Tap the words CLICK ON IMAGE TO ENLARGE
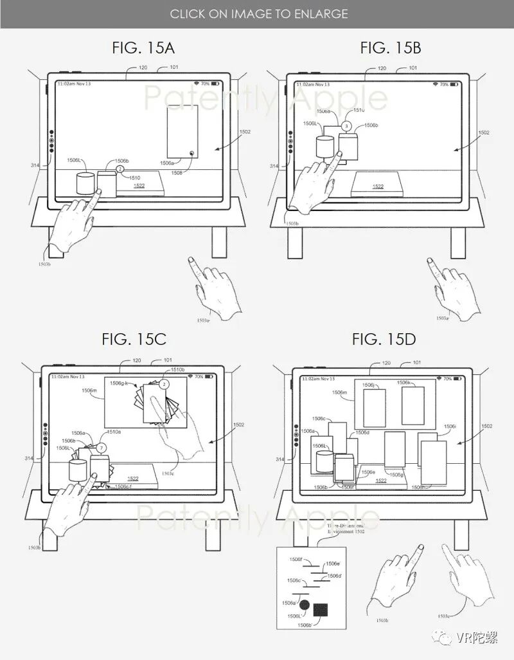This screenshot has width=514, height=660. (258, 14)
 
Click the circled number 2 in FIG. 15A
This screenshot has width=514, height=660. (120, 169)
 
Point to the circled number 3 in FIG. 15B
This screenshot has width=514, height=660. (346, 126)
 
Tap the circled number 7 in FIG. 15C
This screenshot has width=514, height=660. (100, 446)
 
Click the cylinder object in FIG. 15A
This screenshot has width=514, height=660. (85, 183)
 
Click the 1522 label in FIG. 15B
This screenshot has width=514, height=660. (378, 187)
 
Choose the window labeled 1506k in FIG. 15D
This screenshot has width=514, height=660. (412, 405)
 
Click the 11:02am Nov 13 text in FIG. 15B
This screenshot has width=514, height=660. (313, 84)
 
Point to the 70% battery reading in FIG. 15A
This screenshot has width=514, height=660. (204, 84)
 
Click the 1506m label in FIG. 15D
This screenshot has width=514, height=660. (340, 392)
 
